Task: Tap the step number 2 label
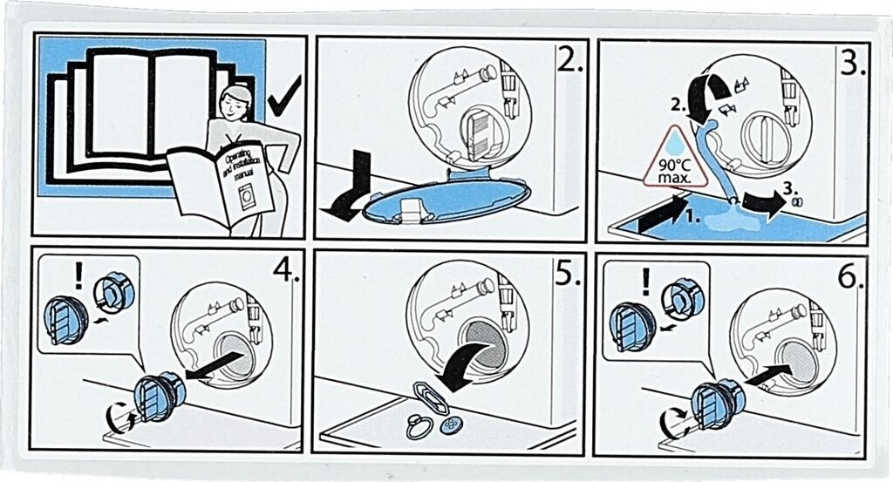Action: point(569,59)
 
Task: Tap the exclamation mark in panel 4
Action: point(78,275)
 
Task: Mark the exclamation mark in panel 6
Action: point(645,282)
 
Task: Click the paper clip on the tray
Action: point(431,398)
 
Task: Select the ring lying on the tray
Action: point(419,428)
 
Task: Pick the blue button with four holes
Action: point(451,425)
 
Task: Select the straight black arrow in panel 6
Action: point(767,377)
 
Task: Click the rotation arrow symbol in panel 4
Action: point(119,419)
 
